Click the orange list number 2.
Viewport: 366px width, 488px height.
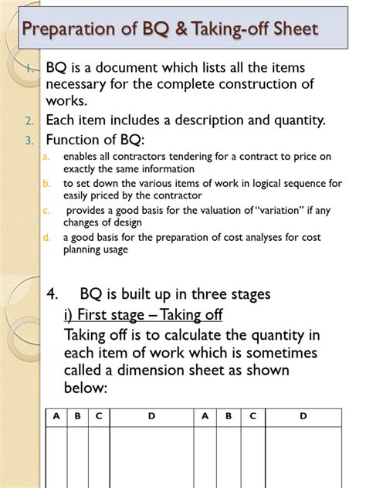(x=28, y=121)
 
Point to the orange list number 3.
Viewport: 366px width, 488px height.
(x=28, y=141)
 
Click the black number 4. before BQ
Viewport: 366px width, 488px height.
(x=53, y=295)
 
